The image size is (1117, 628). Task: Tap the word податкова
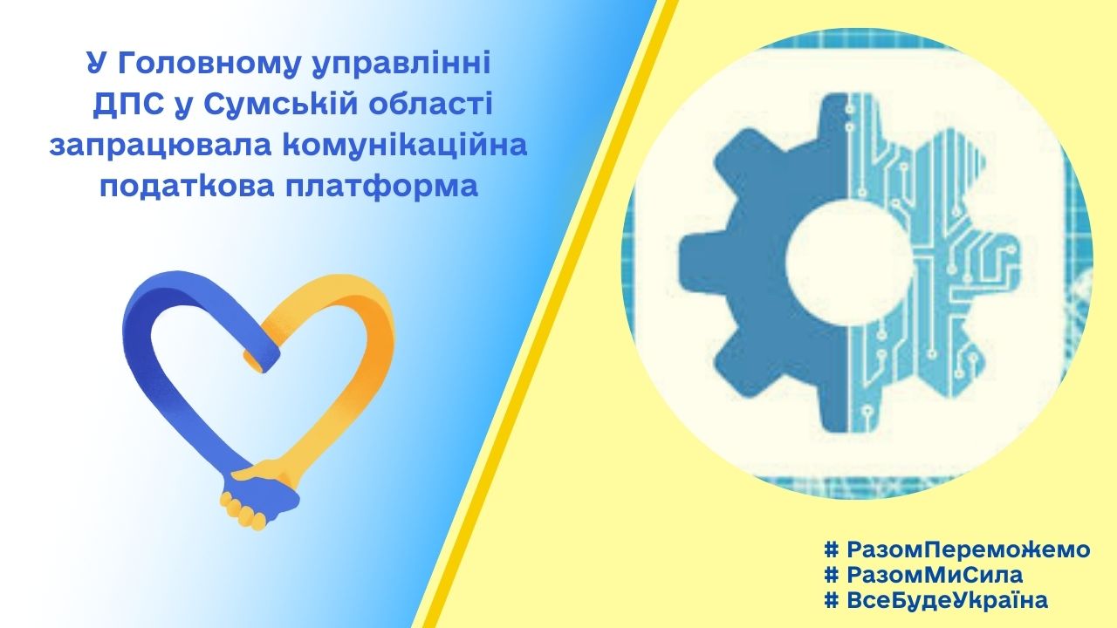(189, 187)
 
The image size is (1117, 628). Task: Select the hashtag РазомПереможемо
(957, 549)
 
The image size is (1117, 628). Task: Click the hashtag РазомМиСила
(923, 575)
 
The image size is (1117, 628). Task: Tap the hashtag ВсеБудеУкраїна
(936, 599)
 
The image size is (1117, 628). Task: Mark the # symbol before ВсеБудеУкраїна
(832, 599)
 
